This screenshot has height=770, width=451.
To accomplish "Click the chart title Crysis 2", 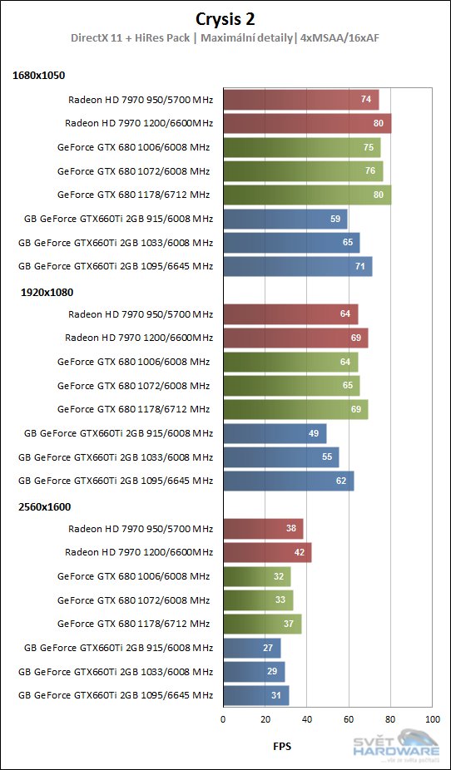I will tap(226, 18).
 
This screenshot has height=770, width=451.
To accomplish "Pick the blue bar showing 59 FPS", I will tap(285, 220).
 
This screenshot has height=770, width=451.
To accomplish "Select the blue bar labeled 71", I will tap(297, 267).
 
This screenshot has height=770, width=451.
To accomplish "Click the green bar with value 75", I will tap(301, 148).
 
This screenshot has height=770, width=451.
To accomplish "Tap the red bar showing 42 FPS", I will tap(267, 553).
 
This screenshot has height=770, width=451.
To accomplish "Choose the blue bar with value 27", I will tap(251, 649).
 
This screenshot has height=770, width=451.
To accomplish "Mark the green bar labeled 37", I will tap(262, 624).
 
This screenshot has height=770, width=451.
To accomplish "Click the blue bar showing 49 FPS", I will tap(275, 434).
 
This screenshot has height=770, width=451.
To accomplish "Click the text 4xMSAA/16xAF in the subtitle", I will tap(339, 37).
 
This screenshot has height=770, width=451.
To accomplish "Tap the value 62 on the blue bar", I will tap(341, 481).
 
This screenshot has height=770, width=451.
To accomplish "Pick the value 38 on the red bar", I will tap(291, 529).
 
